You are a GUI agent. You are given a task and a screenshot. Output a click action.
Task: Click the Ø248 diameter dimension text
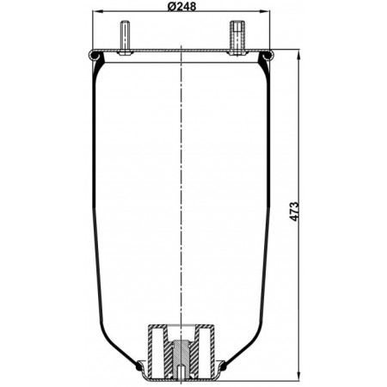pyautogui.click(x=181, y=6)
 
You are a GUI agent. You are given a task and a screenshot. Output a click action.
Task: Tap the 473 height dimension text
pyautogui.click(x=294, y=212)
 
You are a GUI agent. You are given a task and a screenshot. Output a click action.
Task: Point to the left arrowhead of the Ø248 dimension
pyautogui.click(x=97, y=11)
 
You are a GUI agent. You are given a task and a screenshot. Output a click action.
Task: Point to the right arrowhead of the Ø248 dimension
pyautogui.click(x=265, y=11)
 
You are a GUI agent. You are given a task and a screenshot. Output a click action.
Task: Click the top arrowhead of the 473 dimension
pyautogui.click(x=299, y=55)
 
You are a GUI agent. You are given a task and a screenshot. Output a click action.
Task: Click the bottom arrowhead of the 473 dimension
pyautogui.click(x=299, y=376)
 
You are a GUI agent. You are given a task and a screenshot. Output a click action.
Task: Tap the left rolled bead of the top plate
pyautogui.click(x=94, y=55)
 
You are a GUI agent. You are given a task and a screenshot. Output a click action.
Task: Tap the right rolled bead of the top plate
pyautogui.click(x=268, y=55)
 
